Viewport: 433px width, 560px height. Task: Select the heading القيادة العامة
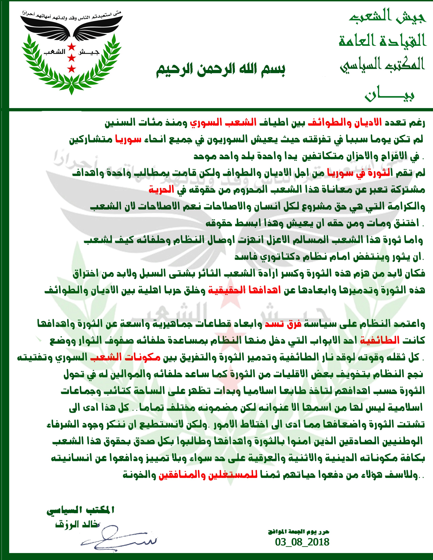click(382, 41)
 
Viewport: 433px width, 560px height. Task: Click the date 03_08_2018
click(302, 542)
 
